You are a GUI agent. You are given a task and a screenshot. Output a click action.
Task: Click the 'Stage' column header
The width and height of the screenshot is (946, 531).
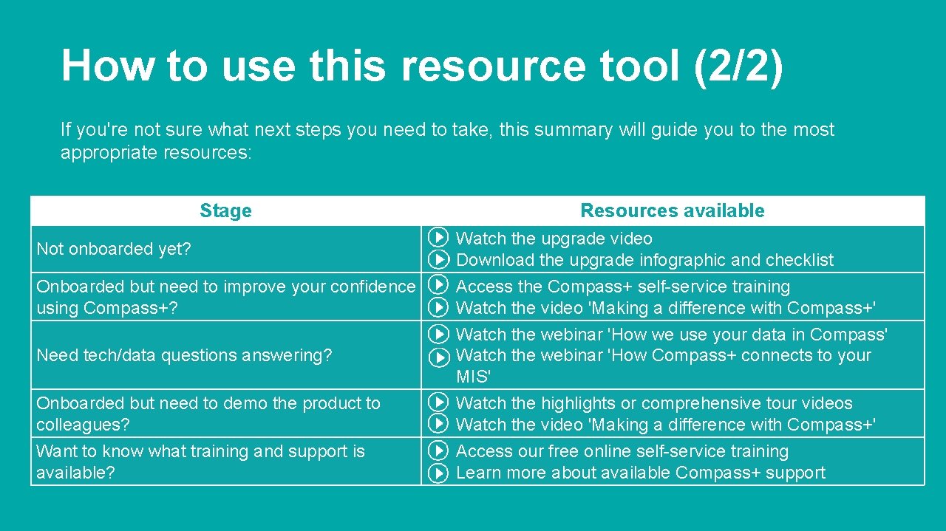click(225, 210)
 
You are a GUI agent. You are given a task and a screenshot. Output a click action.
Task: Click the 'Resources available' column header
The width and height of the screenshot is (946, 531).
click(672, 210)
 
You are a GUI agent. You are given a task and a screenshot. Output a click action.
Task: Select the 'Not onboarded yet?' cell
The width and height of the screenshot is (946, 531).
click(114, 249)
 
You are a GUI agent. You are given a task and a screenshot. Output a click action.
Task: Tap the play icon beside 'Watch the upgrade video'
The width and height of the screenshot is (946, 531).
click(438, 238)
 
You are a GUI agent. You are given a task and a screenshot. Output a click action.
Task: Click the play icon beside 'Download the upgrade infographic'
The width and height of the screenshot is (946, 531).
click(438, 260)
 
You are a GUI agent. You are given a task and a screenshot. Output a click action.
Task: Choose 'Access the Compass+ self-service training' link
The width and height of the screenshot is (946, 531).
click(622, 287)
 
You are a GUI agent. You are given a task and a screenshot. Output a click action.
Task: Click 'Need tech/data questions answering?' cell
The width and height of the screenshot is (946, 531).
click(184, 355)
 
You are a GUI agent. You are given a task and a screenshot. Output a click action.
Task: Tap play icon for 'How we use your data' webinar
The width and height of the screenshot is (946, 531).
click(438, 335)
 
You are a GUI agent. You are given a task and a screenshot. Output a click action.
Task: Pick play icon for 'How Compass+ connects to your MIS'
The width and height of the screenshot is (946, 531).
click(438, 357)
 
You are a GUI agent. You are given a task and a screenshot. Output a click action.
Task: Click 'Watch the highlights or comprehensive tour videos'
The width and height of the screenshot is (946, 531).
click(653, 403)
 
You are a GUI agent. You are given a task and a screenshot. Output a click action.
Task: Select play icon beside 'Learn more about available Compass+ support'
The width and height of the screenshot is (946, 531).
click(438, 473)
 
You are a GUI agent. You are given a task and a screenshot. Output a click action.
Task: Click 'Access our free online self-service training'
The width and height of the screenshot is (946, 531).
click(622, 451)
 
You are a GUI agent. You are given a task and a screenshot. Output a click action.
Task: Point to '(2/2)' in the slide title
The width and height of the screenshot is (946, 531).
click(737, 66)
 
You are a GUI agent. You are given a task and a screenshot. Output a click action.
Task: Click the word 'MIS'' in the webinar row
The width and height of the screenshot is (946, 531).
click(473, 377)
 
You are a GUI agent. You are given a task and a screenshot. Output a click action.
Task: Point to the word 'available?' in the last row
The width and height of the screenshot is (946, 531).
click(75, 473)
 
